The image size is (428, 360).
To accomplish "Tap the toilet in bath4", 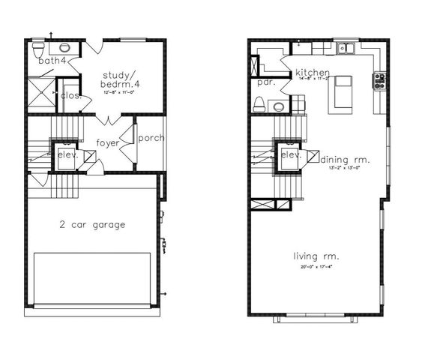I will (37, 49).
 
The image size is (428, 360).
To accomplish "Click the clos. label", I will (70, 95).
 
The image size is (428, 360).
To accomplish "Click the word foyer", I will (108, 142).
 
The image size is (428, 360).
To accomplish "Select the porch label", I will (151, 138).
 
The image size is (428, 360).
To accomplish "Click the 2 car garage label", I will (93, 224).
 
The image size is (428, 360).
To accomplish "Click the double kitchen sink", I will (346, 49).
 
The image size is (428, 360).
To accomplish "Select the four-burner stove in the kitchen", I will (379, 80).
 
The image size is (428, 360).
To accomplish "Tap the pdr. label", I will (265, 82).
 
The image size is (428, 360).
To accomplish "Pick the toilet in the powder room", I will (260, 106).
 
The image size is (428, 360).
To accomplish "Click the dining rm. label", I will (345, 159).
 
